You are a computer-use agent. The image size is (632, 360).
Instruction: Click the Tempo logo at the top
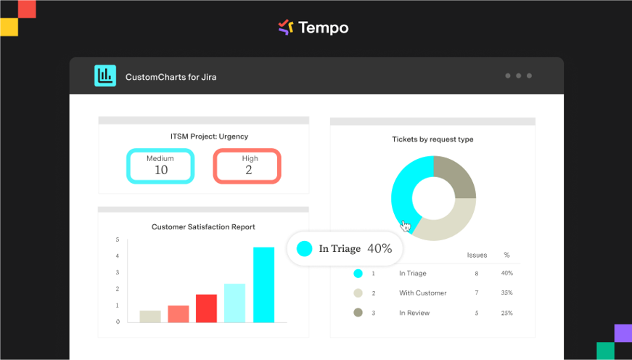point(313,28)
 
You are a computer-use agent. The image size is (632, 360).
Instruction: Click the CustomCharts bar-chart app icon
point(105,75)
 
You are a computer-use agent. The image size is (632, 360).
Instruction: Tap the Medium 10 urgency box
point(160,166)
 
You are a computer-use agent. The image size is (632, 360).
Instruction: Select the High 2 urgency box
point(247,166)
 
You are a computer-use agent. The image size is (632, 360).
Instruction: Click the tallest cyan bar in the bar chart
point(263,285)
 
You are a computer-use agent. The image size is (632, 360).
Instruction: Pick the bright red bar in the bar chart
point(206,308)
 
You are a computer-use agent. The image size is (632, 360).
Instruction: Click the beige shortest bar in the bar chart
point(150,316)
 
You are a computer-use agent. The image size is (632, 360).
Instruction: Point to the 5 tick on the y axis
point(118,240)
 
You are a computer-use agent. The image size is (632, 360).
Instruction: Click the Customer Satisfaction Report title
point(203,227)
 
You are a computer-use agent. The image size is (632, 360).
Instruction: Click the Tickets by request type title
point(432,139)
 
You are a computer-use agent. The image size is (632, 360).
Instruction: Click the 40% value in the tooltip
point(379,248)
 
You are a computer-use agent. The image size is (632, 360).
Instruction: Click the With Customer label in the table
point(423,293)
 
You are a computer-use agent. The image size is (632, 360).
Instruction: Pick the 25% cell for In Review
point(506,313)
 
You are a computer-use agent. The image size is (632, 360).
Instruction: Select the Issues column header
point(477,255)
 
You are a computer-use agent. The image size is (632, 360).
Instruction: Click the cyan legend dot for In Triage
point(358,274)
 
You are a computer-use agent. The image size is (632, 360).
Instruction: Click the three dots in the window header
point(518,75)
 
